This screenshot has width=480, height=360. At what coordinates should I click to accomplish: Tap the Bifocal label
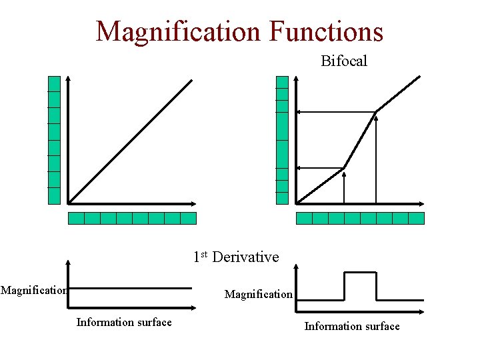pos(344,61)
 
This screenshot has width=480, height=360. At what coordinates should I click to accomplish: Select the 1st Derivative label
pos(236,257)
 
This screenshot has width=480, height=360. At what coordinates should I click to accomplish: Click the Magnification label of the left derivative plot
pos(33,290)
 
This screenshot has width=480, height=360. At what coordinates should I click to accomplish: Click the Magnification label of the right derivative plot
pos(259,294)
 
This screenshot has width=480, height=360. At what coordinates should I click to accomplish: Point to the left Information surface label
pos(124,323)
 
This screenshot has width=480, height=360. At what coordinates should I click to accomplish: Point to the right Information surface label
pos(352,326)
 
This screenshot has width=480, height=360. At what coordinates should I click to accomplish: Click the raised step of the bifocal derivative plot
pos(360,273)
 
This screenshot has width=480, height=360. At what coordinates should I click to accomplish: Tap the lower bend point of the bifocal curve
pos(344,168)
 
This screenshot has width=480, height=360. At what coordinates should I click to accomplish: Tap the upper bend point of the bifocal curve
pos(377,111)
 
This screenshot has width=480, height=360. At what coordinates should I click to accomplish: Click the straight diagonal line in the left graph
pos(130,141)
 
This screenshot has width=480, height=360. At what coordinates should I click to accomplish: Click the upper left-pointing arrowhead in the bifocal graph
pos(299,111)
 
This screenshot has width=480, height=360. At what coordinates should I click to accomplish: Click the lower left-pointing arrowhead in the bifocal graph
pos(299,168)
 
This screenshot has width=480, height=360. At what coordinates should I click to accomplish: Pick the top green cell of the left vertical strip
pos(54,83)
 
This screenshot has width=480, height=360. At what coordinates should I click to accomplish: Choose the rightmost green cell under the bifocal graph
pos(416,218)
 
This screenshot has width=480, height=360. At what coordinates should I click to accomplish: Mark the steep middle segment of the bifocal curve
pos(360,139)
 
